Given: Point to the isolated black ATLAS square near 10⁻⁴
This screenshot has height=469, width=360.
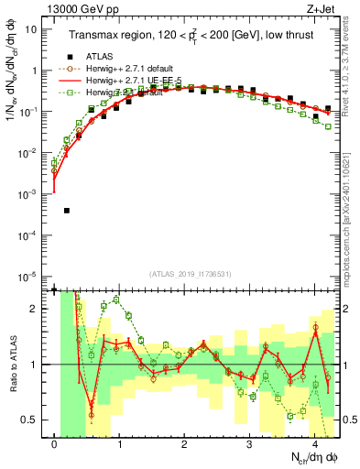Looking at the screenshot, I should point(67,211).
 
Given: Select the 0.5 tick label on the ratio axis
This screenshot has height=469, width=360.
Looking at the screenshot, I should point(33,420).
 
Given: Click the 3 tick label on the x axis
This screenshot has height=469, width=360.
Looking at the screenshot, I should point(250,445).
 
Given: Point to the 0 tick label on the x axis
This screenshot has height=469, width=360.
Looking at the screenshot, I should point(55,445).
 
